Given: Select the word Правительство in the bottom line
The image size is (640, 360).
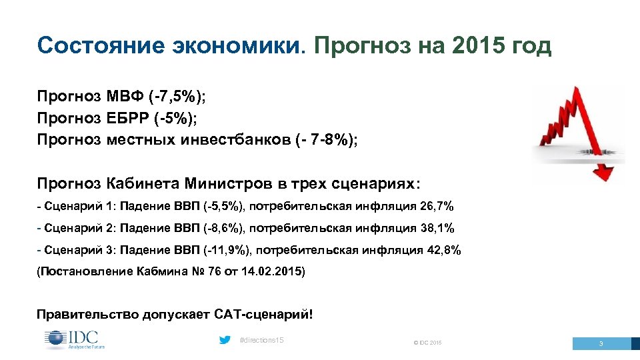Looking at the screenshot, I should tap(81, 313).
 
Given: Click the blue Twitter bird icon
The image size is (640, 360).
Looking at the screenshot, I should tap(225, 341).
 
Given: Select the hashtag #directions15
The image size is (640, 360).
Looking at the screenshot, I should tap(261, 341).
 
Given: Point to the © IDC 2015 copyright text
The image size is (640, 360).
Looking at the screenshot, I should tap(427, 343).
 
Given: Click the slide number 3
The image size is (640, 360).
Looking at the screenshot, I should tap(601, 344).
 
